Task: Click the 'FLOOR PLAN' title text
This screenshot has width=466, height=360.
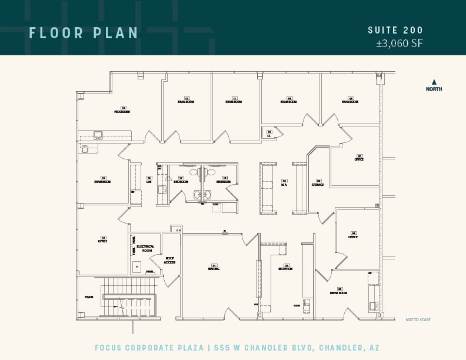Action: click(84, 33)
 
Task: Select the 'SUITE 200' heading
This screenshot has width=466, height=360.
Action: click(395, 31)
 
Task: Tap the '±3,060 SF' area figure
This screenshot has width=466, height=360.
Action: click(400, 43)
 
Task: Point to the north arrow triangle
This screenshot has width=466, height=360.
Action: click(434, 82)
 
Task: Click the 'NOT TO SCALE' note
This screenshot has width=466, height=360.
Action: click(418, 320)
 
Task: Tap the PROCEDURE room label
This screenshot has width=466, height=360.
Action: click(122, 111)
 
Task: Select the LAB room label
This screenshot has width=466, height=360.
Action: click(149, 181)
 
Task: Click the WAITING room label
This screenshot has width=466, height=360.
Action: click(214, 269)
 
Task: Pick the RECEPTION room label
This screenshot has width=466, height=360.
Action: click(285, 269)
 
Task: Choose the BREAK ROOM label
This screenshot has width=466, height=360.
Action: click(338, 292)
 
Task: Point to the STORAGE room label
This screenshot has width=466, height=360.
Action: click(318, 185)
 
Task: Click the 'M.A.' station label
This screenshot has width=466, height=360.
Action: click(284, 185)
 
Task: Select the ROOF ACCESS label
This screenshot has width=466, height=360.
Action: click(169, 260)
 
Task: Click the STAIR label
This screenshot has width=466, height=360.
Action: click(89, 297)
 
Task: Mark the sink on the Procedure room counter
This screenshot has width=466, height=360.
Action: click(98, 135)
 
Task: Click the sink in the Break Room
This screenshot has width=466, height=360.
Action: click(373, 305)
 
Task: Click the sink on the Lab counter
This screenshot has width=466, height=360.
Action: click(161, 189)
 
